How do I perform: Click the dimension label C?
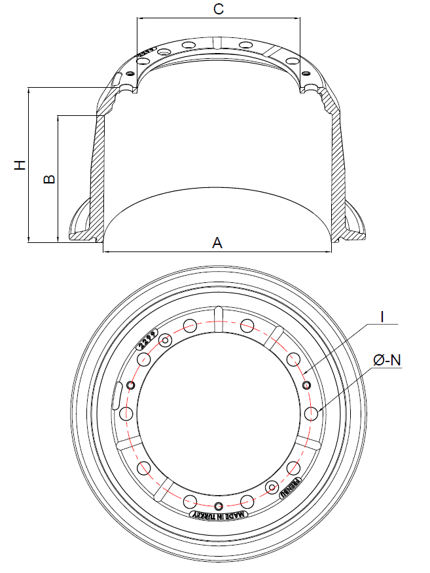pyautogui.click(x=219, y=9)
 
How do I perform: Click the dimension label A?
pyautogui.click(x=217, y=243)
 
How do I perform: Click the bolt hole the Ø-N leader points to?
pyautogui.click(x=311, y=413)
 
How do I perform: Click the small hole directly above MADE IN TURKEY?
pyautogui.click(x=219, y=505)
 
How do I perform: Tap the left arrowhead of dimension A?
pyautogui.click(x=107, y=251)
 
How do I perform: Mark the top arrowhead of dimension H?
pyautogui.click(x=29, y=91)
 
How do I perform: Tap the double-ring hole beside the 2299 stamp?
pyautogui.click(x=166, y=341)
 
